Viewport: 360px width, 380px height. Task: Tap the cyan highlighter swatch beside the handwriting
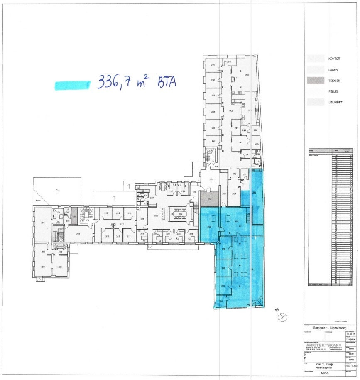pyautogui.click(x=72, y=85)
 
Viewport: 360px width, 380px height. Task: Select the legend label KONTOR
pyautogui.click(x=334, y=59)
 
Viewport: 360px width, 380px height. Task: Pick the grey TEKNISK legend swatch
pyautogui.click(x=315, y=81)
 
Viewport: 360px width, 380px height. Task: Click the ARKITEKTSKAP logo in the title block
pyautogui.click(x=323, y=345)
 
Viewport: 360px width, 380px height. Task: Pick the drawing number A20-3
pyautogui.click(x=324, y=373)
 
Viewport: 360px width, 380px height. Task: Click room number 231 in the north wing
pyautogui.click(x=213, y=66)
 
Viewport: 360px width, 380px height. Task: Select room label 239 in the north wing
pyautogui.click(x=247, y=75)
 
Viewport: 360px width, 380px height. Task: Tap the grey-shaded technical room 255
pyautogui.click(x=210, y=199)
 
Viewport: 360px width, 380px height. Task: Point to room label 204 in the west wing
pyautogui.click(x=42, y=223)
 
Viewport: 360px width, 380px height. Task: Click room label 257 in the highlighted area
pyautogui.click(x=236, y=221)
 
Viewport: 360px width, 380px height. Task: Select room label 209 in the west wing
pyautogui.click(x=78, y=234)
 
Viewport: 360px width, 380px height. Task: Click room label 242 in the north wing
pyautogui.click(x=241, y=142)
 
